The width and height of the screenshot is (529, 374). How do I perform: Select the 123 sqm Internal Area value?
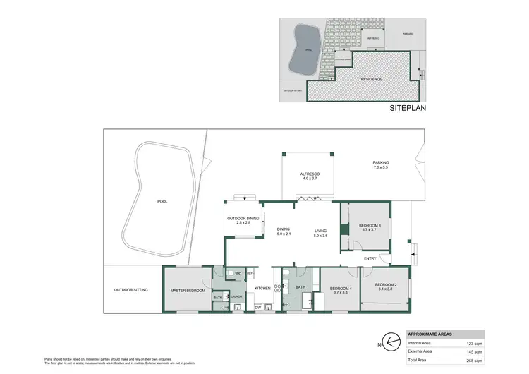coord(474,342)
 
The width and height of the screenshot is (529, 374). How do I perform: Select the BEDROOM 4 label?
coord(341,288)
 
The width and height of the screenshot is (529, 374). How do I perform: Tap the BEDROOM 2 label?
coord(386,284)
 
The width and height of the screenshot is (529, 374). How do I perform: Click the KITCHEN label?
coord(262,289)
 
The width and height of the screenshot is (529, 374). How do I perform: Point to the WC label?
coord(238,273)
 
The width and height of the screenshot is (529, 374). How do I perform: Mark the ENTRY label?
coord(370,258)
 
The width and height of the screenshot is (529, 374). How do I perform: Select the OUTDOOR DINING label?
coord(243,218)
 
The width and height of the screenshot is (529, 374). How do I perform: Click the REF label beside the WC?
coord(250,273)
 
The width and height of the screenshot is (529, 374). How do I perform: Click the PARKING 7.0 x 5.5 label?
coord(381,163)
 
